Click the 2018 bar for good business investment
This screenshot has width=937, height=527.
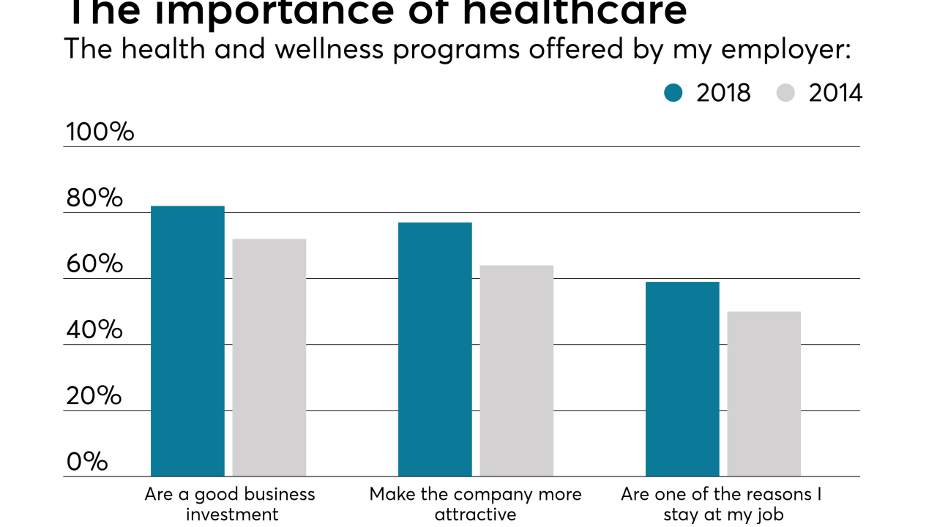pos(187,341)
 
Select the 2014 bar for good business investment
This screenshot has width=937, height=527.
pos(269,357)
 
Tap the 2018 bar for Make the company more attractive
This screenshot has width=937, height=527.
pos(435,349)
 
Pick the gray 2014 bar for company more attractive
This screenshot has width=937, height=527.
pos(516,370)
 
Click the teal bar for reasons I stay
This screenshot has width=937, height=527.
pos(682,379)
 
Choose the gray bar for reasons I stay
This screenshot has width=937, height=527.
pos(764,394)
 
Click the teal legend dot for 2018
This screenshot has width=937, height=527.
pos(673,93)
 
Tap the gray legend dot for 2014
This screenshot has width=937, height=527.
pos(785,93)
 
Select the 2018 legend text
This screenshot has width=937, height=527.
pos(723,93)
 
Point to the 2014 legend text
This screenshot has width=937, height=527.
pos(835,93)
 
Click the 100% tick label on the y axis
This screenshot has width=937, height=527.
pos(100,132)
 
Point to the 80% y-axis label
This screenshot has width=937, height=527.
pos(94,198)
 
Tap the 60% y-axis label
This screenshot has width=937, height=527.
pos(94,264)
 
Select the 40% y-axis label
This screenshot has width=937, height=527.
pos(94,330)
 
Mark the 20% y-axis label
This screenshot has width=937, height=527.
pos(94,396)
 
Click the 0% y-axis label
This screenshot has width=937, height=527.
pos(87,462)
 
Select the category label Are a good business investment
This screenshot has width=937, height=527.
pos(231,504)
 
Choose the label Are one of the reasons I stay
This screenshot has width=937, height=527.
pos(722,504)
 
